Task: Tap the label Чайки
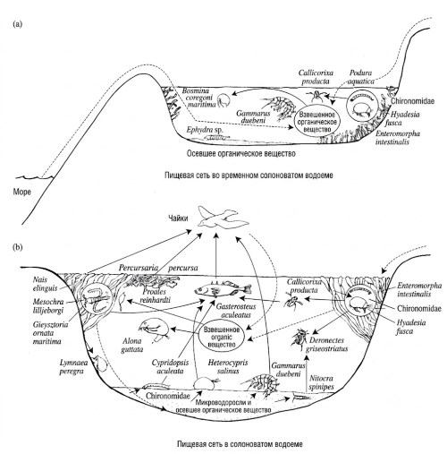pyautogui.click(x=178, y=218)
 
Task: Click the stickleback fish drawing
pyautogui.click(x=223, y=288)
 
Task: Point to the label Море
pyautogui.click(x=21, y=192)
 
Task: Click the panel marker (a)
pyautogui.click(x=17, y=24)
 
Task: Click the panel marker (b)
pyautogui.click(x=18, y=247)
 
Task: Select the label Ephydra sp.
pyautogui.click(x=205, y=130)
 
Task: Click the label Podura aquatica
pyautogui.click(x=361, y=77)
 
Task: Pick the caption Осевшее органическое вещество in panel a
pyautogui.click(x=241, y=154)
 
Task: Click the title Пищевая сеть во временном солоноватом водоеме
pyautogui.click(x=249, y=176)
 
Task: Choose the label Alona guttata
pyautogui.click(x=132, y=345)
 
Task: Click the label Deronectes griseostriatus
pyautogui.click(x=329, y=344)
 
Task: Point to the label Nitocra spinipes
pyautogui.click(x=321, y=382)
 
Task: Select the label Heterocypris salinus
pyautogui.click(x=228, y=367)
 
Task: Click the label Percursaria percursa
pyautogui.click(x=158, y=268)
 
